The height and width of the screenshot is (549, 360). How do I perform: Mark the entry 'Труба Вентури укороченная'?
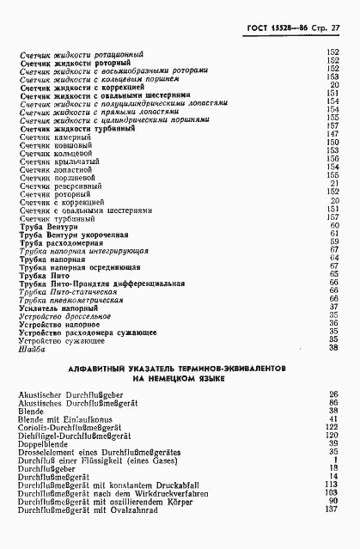pos(73,234)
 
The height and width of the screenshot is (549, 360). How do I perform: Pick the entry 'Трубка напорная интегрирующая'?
pos(84,250)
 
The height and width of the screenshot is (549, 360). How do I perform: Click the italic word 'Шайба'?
pos(31,347)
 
